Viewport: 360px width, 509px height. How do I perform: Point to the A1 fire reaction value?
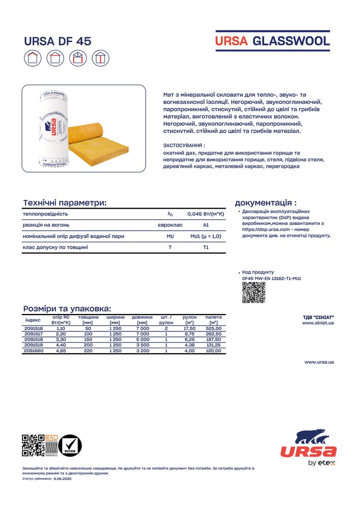(x=206, y=225)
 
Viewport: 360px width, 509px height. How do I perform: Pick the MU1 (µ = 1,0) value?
(x=206, y=236)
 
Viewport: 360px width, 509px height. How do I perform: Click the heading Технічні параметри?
(x=65, y=203)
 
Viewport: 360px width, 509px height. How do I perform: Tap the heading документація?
(x=265, y=203)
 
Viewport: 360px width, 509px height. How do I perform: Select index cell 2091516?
(x=34, y=329)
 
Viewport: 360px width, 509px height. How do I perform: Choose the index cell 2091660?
(x=34, y=351)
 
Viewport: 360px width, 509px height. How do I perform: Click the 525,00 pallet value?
(x=213, y=329)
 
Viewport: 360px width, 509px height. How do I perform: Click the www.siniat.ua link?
(x=318, y=323)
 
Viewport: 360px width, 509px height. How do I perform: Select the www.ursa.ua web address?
(x=319, y=362)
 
